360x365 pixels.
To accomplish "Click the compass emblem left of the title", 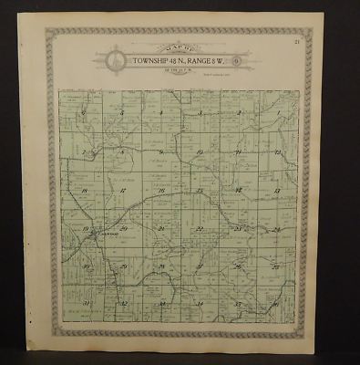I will pyautogui.click(x=113, y=62).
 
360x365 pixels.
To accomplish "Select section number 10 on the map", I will pyautogui.click(x=198, y=151).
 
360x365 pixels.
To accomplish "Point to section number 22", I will pyautogui.click(x=199, y=228).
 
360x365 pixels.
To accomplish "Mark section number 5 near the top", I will pyautogui.click(x=121, y=112).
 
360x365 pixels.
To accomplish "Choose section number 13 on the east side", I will pyautogui.click(x=275, y=191).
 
